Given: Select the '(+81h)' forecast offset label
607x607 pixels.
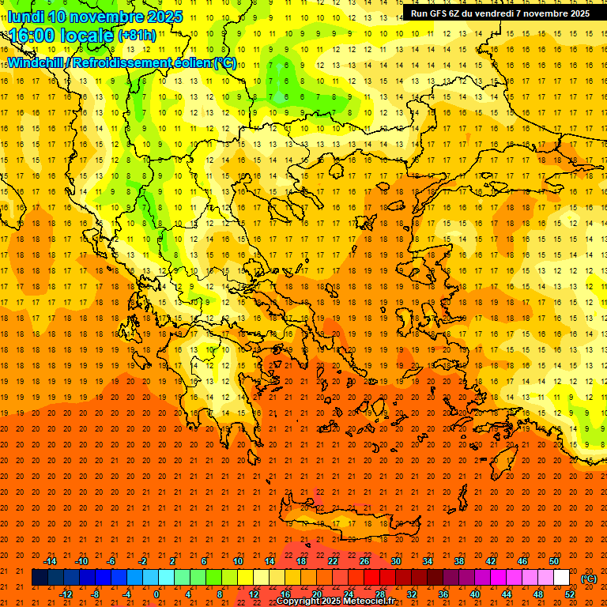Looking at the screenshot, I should pos(137,36).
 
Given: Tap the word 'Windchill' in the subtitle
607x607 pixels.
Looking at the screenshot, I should pos(37,62).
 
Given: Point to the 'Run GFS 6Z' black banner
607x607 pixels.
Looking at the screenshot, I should pos(500,13).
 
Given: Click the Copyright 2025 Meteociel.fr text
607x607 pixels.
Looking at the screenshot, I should pos(335,601).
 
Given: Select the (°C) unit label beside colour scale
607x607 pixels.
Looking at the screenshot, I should pos(589,579).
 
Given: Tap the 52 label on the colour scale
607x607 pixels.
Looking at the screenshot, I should pos(570,594).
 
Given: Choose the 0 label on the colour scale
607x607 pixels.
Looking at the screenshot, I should pos(156,594).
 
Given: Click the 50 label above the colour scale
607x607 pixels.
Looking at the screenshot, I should pos(554,561).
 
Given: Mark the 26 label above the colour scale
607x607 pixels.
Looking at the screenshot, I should pos(364,561).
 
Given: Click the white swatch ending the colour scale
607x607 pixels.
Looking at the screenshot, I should pos(562,578).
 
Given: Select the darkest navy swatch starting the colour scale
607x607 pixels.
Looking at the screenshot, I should pos(40,578).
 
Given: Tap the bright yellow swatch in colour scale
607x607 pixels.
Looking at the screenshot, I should pos(245,578).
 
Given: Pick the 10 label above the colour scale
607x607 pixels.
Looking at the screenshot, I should pos(237,561).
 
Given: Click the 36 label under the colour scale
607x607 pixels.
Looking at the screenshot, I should pos(443,594).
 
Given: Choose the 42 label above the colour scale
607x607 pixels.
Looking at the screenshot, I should pos(491,561).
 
